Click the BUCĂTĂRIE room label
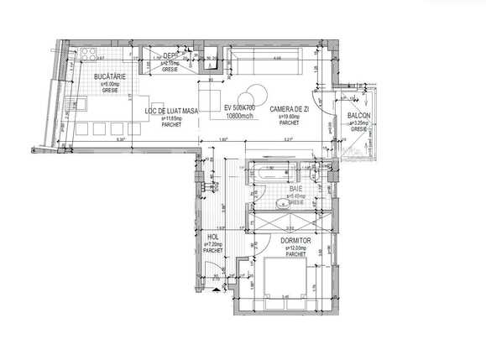[109, 76]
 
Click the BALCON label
[359, 115]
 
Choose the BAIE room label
[295, 189]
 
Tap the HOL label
[212, 237]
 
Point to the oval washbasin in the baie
[282, 202]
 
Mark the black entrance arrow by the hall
[217, 287]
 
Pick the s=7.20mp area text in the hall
[212, 244]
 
